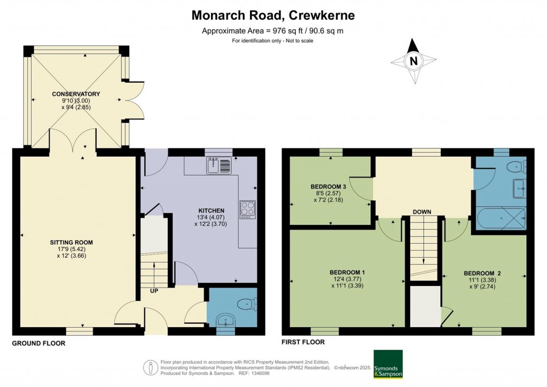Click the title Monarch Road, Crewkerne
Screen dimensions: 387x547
click(273, 16)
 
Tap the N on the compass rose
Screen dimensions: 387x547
click(413, 61)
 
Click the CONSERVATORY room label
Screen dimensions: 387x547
click(76, 94)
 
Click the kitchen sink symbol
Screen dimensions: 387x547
click(218, 166)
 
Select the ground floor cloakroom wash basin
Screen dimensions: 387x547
click(227, 321)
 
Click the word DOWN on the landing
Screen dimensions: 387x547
click(421, 212)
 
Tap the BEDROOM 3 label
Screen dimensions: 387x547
click(329, 187)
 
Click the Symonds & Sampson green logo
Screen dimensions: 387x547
click(387, 364)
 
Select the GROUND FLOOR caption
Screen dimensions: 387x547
click(38, 343)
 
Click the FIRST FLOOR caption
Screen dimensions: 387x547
click(303, 342)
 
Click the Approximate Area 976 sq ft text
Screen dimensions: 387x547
click(272, 30)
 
